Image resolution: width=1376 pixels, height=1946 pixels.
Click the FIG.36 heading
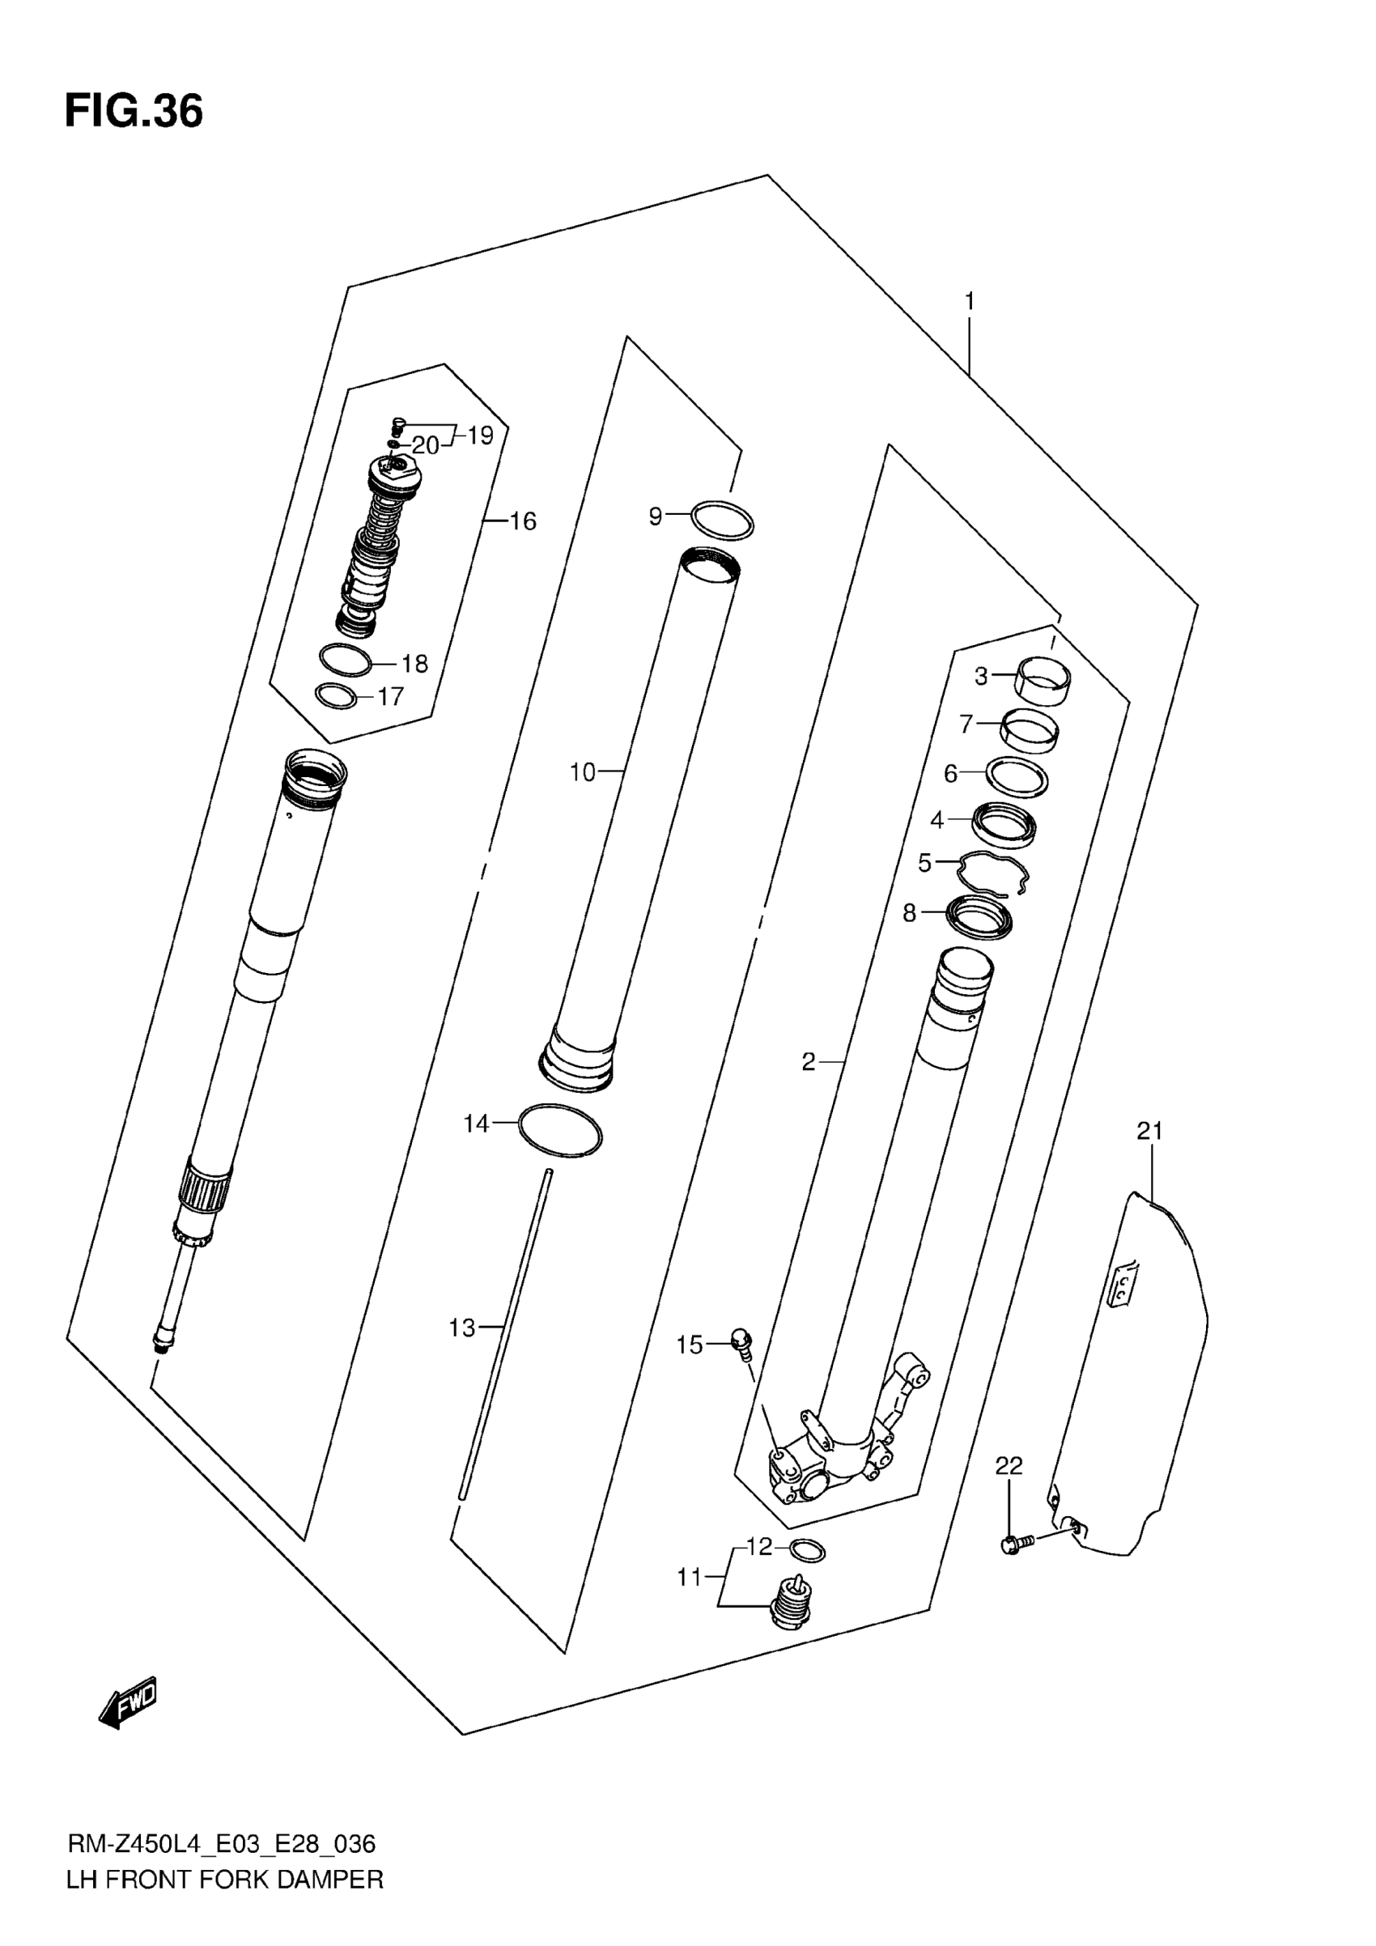(134, 111)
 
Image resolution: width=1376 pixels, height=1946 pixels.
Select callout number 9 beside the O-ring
(655, 516)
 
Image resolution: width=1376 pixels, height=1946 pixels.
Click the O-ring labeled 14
(560, 1131)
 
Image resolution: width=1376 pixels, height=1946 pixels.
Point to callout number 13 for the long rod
(462, 1328)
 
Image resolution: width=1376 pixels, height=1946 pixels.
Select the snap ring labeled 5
(992, 873)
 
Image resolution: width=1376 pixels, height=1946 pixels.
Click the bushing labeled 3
(1043, 681)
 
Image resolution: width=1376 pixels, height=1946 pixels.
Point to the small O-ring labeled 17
(337, 697)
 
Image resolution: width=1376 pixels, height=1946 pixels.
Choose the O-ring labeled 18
(345, 661)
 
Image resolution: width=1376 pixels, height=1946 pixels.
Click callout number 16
(523, 521)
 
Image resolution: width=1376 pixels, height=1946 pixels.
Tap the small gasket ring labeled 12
(807, 1550)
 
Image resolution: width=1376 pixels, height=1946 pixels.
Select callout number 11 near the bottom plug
(690, 1578)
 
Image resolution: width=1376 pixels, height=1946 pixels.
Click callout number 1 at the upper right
(970, 302)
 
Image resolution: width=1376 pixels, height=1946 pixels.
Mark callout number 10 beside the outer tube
(582, 772)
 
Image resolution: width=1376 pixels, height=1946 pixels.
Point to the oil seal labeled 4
(1004, 825)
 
